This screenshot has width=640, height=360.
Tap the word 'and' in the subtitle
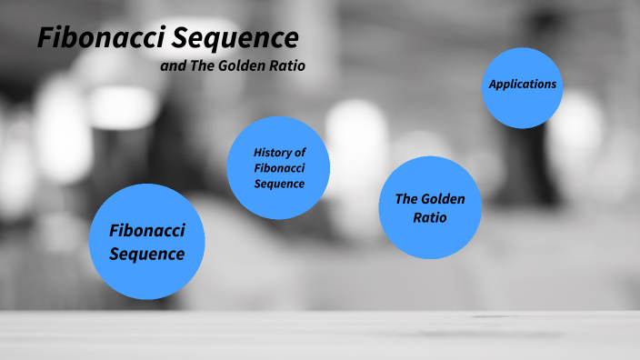click(x=173, y=66)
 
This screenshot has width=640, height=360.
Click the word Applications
click(x=522, y=84)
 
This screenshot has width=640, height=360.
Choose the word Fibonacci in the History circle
click(x=279, y=167)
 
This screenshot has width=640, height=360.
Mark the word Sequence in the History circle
click(x=279, y=184)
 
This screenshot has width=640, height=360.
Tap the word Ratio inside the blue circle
click(x=430, y=218)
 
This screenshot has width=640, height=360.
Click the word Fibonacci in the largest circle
click(x=147, y=231)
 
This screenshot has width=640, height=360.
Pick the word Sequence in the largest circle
click(x=147, y=253)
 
